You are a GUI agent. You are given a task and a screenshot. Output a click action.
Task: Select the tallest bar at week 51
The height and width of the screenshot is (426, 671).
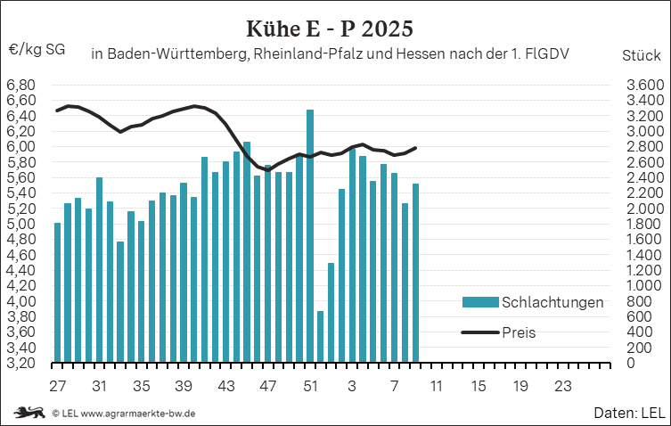tap(310, 236)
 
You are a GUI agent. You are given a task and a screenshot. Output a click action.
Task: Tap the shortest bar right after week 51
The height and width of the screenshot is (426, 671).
tap(321, 337)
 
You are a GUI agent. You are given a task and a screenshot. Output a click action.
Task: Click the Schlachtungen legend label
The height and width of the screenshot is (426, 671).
tap(552, 302)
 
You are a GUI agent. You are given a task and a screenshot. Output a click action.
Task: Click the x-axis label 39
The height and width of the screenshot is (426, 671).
tap(184, 387)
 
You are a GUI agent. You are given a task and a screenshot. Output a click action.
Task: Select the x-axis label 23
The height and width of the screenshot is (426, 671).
tap(562, 387)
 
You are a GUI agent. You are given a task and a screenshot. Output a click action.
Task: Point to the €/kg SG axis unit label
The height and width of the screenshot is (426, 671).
tap(37, 50)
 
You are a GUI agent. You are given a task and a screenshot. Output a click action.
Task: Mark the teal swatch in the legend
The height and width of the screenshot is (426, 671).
tap(479, 302)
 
